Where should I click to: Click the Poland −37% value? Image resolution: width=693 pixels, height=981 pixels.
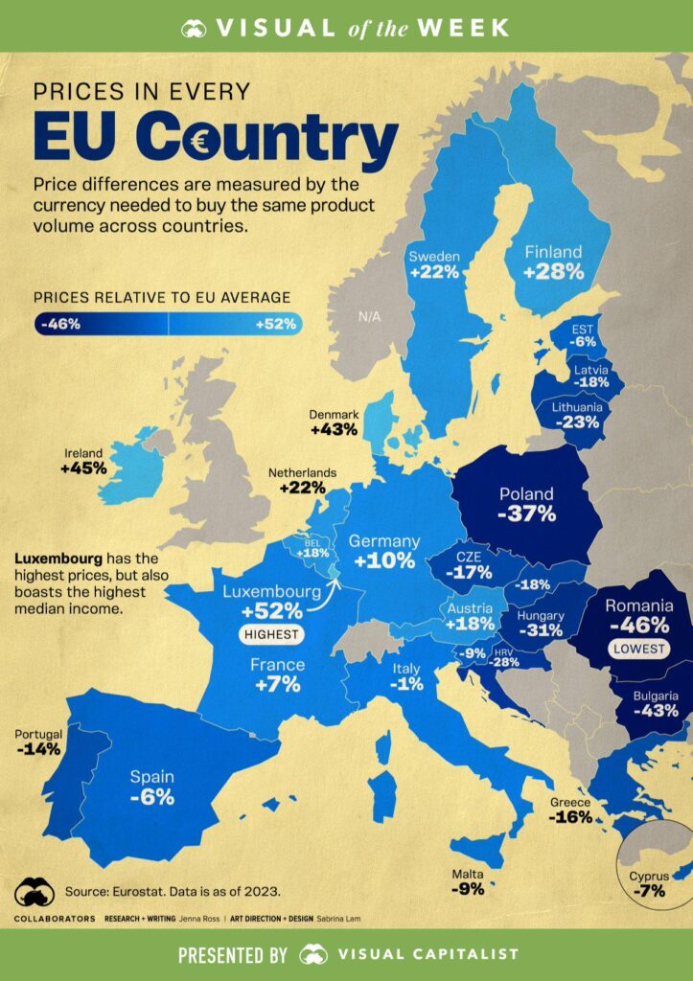[x=527, y=514]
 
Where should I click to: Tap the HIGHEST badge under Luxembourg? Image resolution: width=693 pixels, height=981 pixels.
[x=271, y=634]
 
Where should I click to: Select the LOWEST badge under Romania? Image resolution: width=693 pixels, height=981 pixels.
[x=639, y=649]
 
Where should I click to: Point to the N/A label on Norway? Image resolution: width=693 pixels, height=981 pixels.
[x=369, y=316]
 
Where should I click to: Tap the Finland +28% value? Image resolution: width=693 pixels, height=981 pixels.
[x=554, y=272]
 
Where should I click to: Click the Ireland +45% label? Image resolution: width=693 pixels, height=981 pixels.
[x=83, y=461]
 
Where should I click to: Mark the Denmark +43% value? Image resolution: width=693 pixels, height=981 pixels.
[x=335, y=430]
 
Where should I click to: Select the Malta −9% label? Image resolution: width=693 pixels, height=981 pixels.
[x=468, y=881]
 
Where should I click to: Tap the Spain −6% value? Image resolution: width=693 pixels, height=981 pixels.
[x=152, y=798]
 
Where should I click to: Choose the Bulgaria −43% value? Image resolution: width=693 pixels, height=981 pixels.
[x=656, y=711]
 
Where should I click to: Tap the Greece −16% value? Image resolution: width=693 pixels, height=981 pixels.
[x=569, y=817]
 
